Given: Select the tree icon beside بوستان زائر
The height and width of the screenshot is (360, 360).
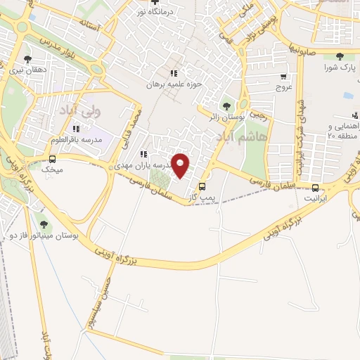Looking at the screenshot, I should click(226, 105).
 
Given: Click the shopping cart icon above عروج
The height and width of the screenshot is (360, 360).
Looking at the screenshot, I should click(284, 77).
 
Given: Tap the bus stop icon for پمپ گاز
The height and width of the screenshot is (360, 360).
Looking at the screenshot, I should click(203, 186).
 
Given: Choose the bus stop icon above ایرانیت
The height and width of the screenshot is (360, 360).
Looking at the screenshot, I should click(314, 187).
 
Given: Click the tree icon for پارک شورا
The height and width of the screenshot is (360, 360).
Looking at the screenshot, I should click(340, 56).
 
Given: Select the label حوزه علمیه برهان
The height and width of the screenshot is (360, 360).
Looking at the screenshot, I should click(174, 84).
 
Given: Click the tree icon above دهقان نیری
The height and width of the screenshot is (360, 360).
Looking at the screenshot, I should click(27, 59).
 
